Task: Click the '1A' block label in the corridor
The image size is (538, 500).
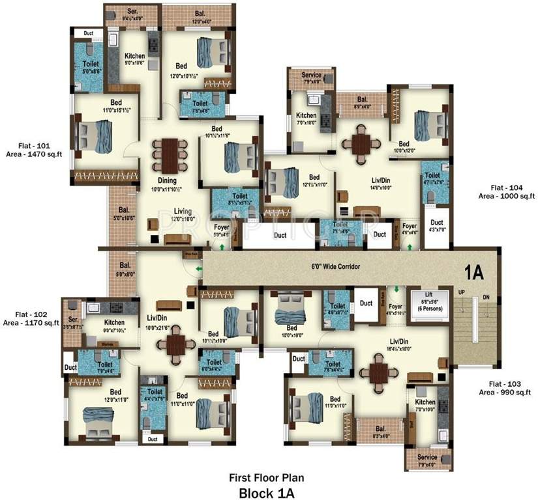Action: [475, 271]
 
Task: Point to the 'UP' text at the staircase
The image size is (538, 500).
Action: [462, 292]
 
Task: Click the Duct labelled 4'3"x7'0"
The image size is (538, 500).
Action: [437, 225]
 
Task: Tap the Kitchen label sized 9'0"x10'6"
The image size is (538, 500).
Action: [134, 60]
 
